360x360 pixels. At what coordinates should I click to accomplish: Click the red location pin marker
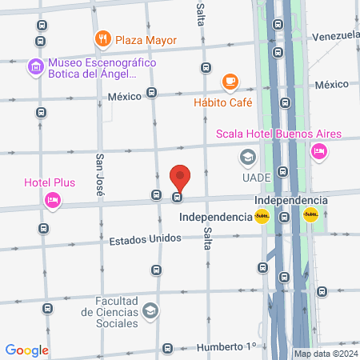point(180,177)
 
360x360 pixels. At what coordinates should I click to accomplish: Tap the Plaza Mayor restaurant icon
point(102,38)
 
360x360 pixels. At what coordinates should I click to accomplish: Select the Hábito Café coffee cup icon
point(230,82)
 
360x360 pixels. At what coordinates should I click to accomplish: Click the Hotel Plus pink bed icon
point(53,200)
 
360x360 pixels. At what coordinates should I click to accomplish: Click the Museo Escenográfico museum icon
point(34,66)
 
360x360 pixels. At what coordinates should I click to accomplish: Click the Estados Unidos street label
point(145,238)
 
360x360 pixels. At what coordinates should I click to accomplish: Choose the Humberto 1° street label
point(227,346)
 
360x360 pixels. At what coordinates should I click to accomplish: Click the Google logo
point(27,350)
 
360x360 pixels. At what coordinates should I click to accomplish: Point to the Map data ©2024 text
point(325,354)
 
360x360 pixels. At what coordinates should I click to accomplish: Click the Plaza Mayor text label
point(146,39)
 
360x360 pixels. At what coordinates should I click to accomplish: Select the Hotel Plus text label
point(50,182)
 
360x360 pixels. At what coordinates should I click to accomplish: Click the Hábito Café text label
point(222,102)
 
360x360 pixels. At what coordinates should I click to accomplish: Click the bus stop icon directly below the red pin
point(177,197)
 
